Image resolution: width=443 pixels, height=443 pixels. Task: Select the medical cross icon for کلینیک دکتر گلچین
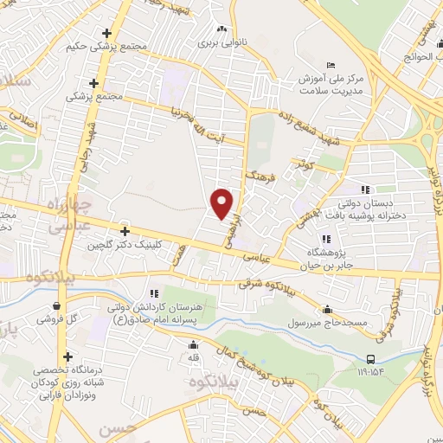coord(125,232)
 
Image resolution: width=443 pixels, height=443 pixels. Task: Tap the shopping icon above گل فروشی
coord(56,305)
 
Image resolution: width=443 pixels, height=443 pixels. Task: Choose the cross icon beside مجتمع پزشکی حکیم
coord(106,33)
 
